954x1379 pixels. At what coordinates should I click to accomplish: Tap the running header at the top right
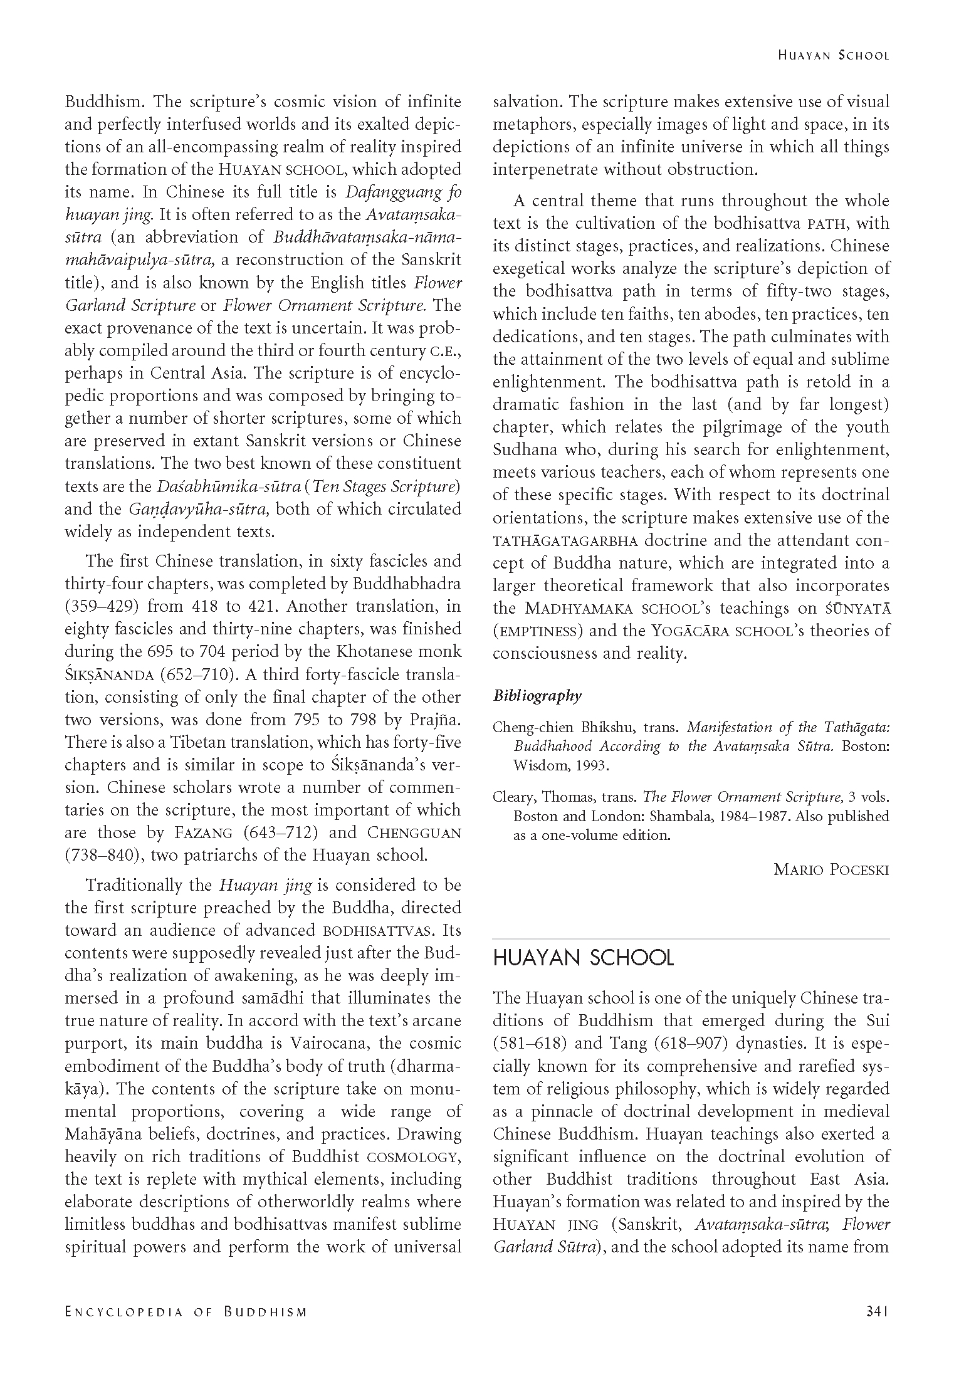tap(833, 55)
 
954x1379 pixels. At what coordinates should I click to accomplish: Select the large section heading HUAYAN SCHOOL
tap(583, 958)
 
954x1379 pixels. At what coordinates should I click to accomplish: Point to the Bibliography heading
tap(537, 695)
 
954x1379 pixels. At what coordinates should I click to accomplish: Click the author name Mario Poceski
tap(831, 869)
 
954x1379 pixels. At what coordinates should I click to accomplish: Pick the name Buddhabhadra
tap(406, 584)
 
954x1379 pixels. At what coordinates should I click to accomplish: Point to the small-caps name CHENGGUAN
tap(414, 833)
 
